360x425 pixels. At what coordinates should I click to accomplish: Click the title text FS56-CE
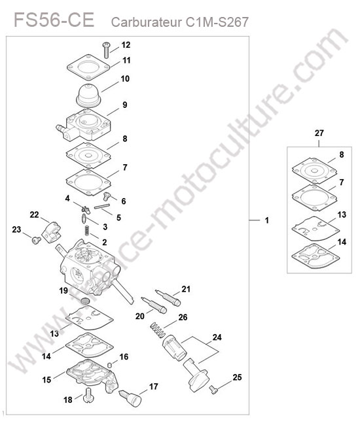[x=54, y=20]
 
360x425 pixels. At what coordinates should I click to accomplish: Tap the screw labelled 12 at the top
[x=106, y=50]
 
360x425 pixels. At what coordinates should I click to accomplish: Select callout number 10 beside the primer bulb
[x=125, y=79]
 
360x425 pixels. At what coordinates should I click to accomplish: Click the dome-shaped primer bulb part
[x=89, y=95]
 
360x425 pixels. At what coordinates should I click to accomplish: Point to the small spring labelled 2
[x=87, y=230]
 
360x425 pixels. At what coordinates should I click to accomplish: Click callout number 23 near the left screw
[x=16, y=229]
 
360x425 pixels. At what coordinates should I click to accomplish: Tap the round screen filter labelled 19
[x=85, y=301]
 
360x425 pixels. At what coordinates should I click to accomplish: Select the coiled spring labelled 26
[x=158, y=330]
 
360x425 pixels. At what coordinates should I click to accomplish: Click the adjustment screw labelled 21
[x=168, y=298]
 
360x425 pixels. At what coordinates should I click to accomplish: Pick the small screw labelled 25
[x=213, y=390]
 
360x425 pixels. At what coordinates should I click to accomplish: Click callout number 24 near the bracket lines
[x=217, y=337]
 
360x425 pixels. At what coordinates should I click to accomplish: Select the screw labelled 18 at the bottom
[x=89, y=396]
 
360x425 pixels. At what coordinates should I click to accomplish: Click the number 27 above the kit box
[x=319, y=133]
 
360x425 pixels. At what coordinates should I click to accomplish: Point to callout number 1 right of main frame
[x=267, y=220]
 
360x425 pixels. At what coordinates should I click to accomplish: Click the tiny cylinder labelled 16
[x=109, y=364]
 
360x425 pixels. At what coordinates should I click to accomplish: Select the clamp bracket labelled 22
[x=51, y=232]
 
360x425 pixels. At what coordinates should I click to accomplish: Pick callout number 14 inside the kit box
[x=342, y=242]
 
